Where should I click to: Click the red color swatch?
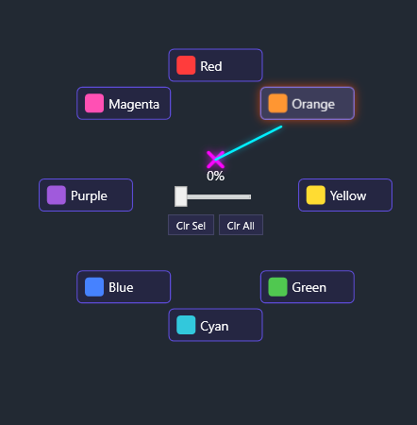[x=186, y=66]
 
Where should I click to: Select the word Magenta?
[x=133, y=104]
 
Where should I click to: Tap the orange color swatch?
[x=277, y=104]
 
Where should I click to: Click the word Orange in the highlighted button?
[x=312, y=104]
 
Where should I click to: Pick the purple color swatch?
[x=56, y=195]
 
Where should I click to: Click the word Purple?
[x=89, y=195]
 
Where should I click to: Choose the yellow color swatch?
[x=315, y=195]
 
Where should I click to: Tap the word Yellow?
[x=348, y=195]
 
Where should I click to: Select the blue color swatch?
[x=93, y=287]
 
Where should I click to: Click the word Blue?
[x=121, y=287]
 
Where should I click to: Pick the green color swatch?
[x=277, y=287]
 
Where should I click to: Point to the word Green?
[x=309, y=287]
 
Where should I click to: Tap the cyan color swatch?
[x=186, y=326]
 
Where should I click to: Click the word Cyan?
[x=214, y=326]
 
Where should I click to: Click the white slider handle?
[x=181, y=196]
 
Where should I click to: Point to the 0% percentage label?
[x=215, y=176]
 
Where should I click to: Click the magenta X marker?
[x=215, y=159]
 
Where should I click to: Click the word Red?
[x=211, y=66]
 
